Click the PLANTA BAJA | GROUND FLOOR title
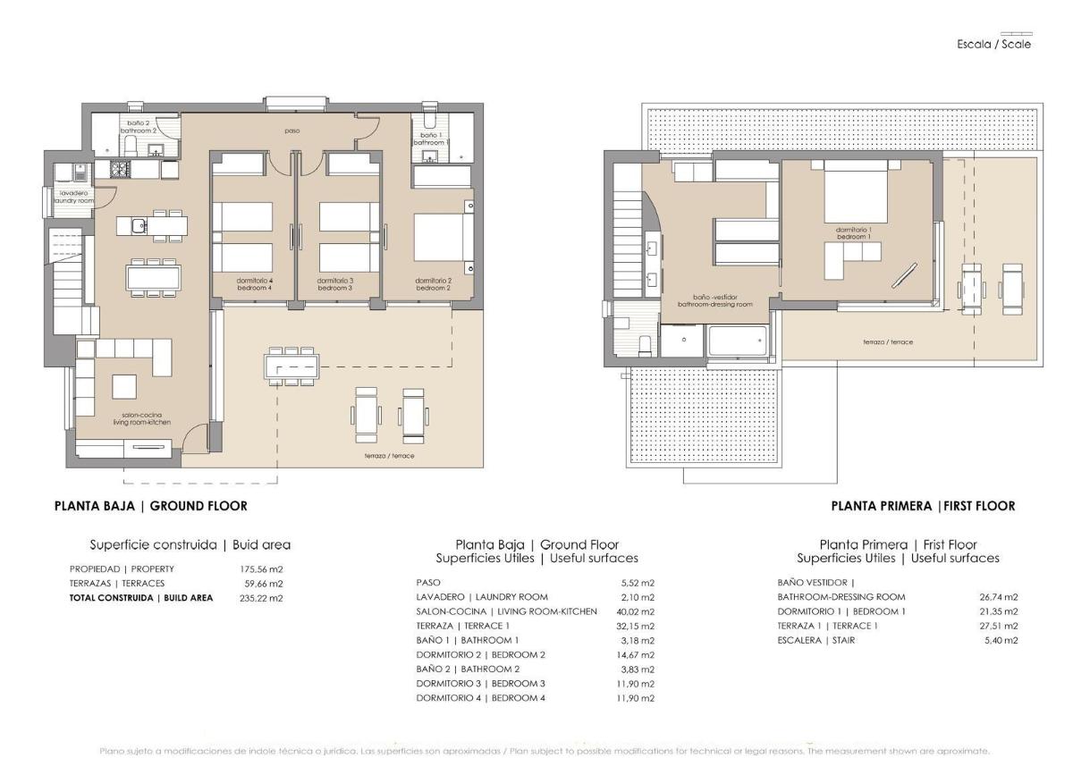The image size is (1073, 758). (151, 506)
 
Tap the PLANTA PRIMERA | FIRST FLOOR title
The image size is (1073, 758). (923, 506)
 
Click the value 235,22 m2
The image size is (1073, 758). (265, 598)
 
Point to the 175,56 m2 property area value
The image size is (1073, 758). (265, 568)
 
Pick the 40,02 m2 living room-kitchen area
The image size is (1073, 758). (636, 611)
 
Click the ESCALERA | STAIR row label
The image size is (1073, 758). (816, 640)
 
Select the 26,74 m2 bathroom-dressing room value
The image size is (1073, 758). (999, 597)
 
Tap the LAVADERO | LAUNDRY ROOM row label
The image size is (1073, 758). (482, 597)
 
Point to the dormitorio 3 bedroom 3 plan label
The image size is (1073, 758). (335, 284)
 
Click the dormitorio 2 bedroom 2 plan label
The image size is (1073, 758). (432, 284)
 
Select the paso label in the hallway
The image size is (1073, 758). (292, 131)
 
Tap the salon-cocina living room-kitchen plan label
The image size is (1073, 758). (147, 418)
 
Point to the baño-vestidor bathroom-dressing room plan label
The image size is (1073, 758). (714, 300)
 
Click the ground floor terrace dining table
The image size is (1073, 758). (291, 366)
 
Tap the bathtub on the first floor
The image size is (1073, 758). (738, 341)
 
